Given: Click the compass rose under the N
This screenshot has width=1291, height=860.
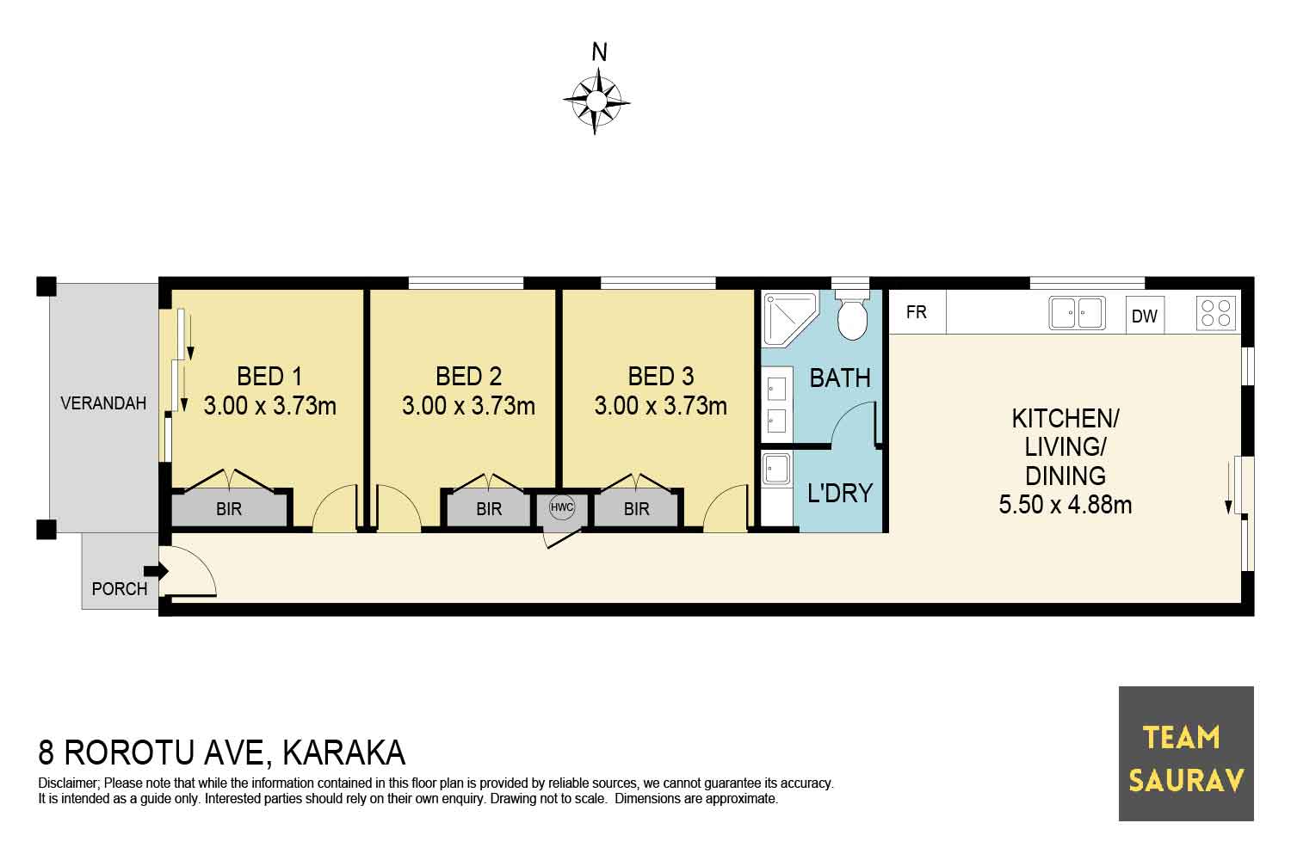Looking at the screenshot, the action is [596, 101].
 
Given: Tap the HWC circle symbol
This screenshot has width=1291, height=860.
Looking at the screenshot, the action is [562, 507].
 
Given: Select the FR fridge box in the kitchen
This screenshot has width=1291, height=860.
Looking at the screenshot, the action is [917, 312].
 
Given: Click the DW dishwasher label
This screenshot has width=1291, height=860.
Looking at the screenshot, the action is [1144, 316].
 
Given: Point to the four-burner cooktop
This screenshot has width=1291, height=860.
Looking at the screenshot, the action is [1216, 313].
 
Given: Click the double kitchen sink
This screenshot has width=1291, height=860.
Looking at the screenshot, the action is [1077, 313].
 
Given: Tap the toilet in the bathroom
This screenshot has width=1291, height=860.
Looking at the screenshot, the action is [852, 316].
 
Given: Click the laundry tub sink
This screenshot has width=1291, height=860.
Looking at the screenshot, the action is [776, 469].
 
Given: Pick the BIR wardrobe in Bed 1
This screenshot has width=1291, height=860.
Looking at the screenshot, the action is [230, 508].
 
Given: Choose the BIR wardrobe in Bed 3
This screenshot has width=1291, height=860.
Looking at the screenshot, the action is [636, 508].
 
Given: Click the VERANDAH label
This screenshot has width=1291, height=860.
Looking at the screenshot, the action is [103, 403].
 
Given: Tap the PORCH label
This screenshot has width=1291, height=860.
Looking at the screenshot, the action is [120, 589].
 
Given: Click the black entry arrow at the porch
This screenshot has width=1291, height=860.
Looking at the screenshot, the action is [156, 571].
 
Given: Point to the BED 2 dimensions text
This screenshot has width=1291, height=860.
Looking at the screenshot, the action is [468, 406].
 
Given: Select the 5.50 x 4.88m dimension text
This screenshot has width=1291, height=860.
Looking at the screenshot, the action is [1066, 505].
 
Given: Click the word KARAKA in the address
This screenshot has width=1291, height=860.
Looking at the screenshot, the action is [344, 752].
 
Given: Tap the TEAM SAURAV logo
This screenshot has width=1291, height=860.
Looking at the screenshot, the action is [1186, 753].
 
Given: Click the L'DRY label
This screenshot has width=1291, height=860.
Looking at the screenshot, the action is [840, 493].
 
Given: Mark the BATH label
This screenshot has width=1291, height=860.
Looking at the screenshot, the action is [840, 378].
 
